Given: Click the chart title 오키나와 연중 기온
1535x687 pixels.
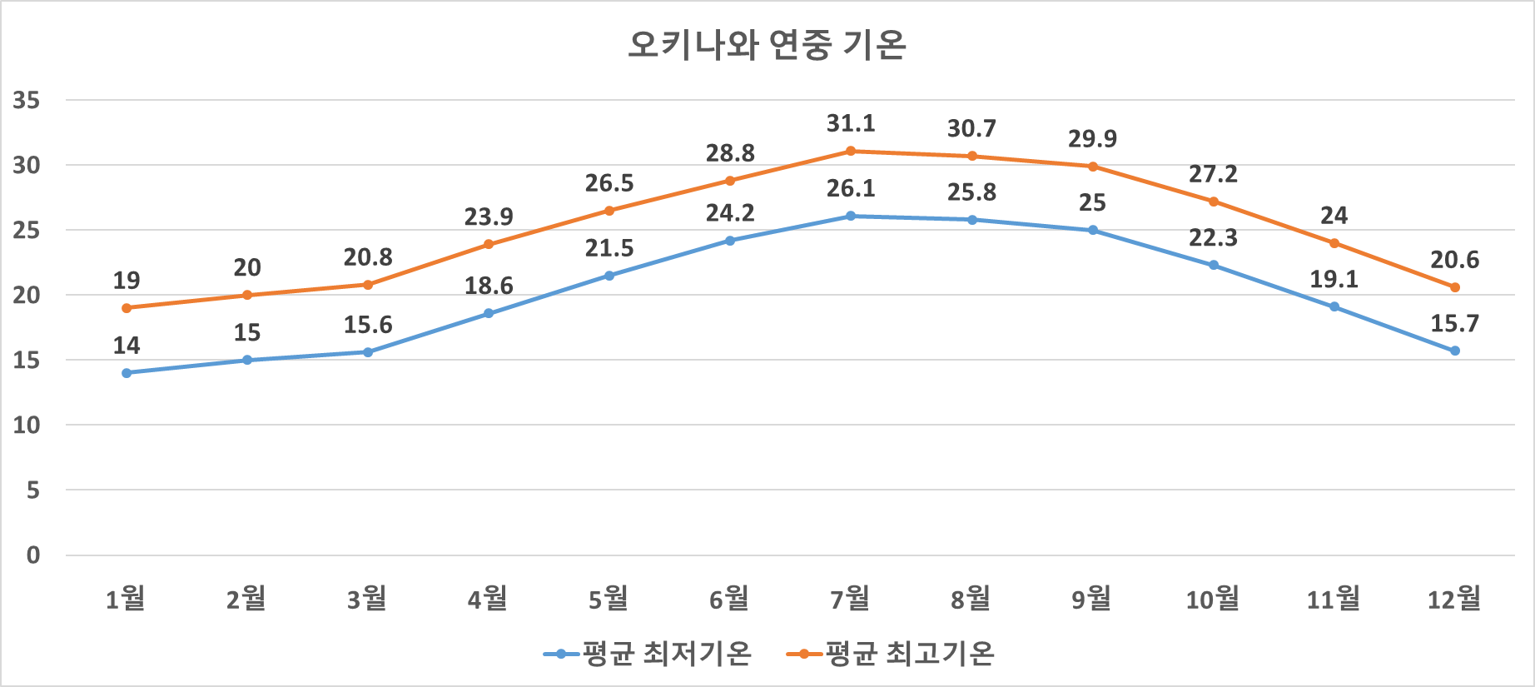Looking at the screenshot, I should (766, 45).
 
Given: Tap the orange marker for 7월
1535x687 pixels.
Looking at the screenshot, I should (851, 151).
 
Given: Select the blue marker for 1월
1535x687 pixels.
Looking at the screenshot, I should (127, 373).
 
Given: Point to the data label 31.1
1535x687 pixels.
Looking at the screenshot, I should (851, 124).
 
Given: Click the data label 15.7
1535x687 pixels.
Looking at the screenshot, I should (1454, 324).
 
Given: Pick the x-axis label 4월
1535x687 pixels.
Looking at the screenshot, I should (488, 598).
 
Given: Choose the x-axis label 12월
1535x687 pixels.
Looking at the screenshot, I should (1454, 598).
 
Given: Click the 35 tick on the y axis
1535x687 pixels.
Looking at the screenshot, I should (27, 101).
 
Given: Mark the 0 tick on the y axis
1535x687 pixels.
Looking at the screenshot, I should (33, 555).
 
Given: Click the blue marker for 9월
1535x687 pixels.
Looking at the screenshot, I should (1093, 230).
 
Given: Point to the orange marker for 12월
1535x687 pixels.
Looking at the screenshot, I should (1455, 287).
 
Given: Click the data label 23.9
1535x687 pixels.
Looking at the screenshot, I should (489, 217).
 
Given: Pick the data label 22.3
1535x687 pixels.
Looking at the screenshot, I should (1213, 239).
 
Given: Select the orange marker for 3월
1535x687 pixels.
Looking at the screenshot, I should (368, 285).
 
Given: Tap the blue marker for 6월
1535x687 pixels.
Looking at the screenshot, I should (730, 241).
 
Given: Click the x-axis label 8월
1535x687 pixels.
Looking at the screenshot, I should (971, 598).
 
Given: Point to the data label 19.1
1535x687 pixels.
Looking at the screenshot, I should (1334, 280).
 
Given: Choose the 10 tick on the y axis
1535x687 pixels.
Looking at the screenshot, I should (27, 426).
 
